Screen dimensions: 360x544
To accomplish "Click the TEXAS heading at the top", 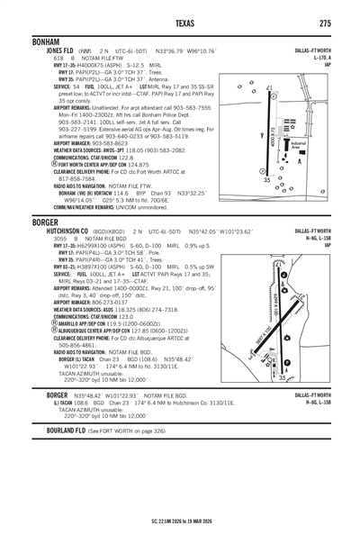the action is [179, 22].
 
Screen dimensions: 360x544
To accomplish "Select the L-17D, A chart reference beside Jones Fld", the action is [319, 58].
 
